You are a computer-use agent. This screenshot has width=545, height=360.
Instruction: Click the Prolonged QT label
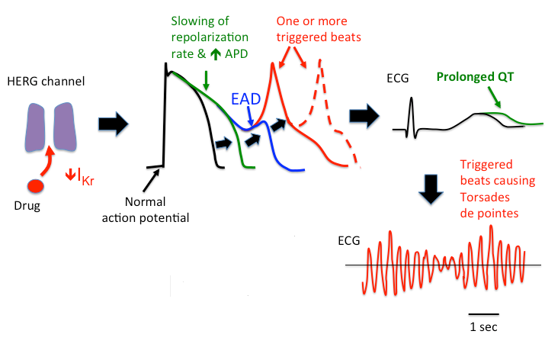click(x=471, y=76)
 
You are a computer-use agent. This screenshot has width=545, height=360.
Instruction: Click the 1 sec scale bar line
click(x=483, y=313)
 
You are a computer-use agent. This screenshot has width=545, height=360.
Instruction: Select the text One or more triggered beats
click(x=319, y=27)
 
